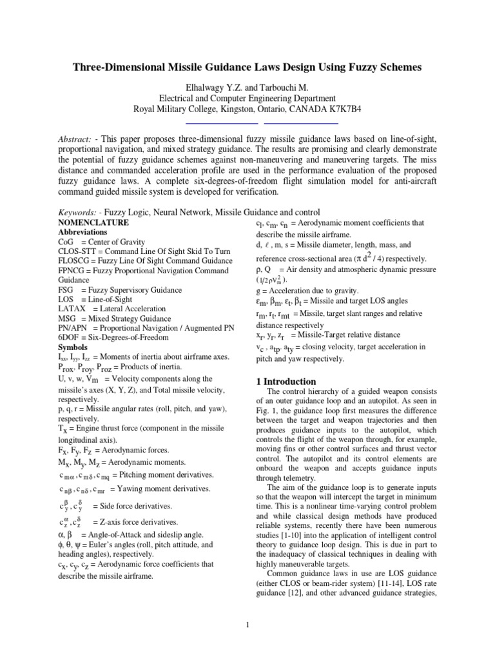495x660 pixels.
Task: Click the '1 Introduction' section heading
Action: [x=287, y=382]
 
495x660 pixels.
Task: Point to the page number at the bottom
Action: [x=247, y=625]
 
